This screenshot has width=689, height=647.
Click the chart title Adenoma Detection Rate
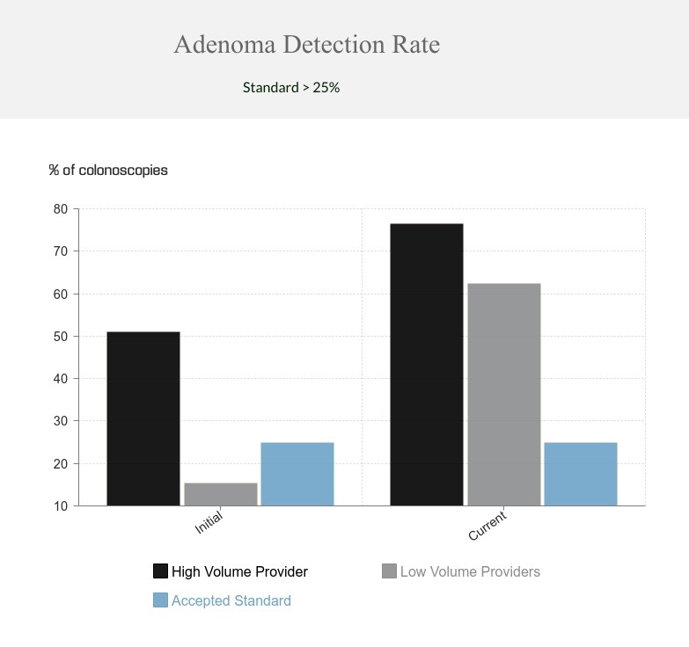(x=306, y=45)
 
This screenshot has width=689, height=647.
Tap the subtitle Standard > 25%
(x=291, y=87)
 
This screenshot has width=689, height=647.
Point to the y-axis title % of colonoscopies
(x=108, y=170)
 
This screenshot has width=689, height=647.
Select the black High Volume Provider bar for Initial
(x=143, y=418)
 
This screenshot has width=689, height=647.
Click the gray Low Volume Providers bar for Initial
(x=221, y=494)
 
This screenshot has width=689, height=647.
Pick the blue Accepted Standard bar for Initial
(x=297, y=474)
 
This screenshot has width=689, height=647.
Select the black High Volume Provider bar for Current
(x=427, y=365)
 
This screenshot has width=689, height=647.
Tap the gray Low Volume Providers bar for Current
(x=504, y=395)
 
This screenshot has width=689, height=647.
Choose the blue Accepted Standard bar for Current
(x=581, y=474)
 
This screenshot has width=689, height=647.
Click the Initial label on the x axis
(x=209, y=524)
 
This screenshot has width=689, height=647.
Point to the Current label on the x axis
(x=487, y=526)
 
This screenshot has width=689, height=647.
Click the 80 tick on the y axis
(x=60, y=209)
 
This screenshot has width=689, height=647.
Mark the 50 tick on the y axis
(x=60, y=337)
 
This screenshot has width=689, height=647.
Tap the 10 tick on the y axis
(x=60, y=506)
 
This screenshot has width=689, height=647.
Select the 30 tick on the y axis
(x=60, y=421)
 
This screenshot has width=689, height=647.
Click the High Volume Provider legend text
(x=239, y=571)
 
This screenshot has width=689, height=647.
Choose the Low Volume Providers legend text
(x=470, y=571)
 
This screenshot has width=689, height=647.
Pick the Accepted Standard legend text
(x=231, y=600)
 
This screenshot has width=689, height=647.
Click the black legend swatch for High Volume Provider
(x=160, y=571)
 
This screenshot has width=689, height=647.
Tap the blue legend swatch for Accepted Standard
(x=160, y=600)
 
